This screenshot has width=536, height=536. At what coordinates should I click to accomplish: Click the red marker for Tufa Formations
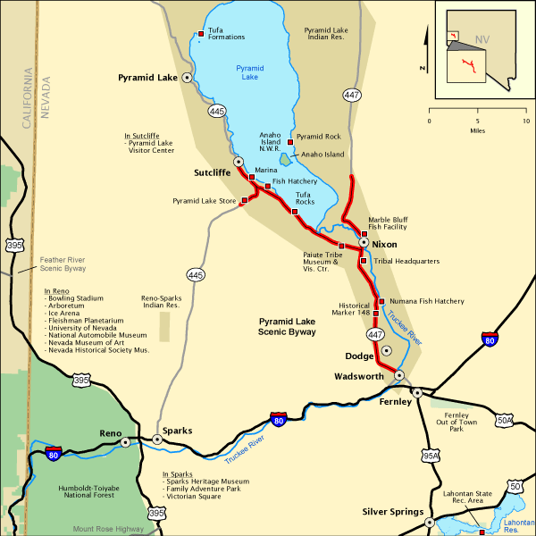click(x=200, y=36)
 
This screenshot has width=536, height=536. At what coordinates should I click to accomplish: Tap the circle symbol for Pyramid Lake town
click(x=188, y=78)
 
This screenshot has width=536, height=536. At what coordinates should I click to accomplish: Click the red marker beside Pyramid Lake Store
click(x=244, y=200)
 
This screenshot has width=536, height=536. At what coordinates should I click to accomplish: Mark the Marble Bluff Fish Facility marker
click(x=364, y=233)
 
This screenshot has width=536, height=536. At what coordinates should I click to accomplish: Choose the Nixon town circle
click(x=364, y=243)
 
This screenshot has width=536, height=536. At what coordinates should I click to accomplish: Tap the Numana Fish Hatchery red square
click(x=381, y=301)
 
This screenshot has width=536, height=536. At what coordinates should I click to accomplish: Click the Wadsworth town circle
click(x=399, y=375)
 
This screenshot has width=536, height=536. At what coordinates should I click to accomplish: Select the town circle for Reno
click(x=125, y=441)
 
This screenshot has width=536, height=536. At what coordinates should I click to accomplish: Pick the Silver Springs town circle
click(x=430, y=523)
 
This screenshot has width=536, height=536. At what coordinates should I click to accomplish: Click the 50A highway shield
click(x=504, y=421)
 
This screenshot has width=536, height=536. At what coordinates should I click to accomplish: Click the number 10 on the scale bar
click(x=525, y=121)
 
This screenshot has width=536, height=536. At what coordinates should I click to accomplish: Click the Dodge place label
click(x=359, y=356)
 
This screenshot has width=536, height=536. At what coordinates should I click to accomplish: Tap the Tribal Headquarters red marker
click(x=363, y=261)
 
